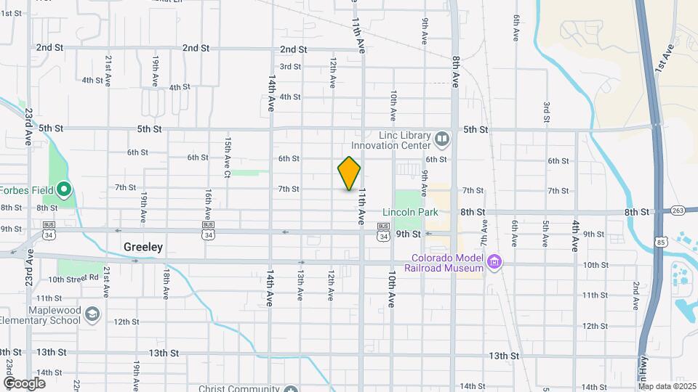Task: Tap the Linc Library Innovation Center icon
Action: [441, 138]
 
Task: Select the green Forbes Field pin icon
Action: [64, 191]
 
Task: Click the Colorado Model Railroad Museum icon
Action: [494, 261]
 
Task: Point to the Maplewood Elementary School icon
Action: [92, 314]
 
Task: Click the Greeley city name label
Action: [143, 247]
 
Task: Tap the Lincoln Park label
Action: [411, 213]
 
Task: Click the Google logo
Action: [24, 383]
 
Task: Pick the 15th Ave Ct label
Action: [228, 158]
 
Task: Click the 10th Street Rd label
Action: [73, 278]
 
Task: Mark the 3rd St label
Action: [291, 67]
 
